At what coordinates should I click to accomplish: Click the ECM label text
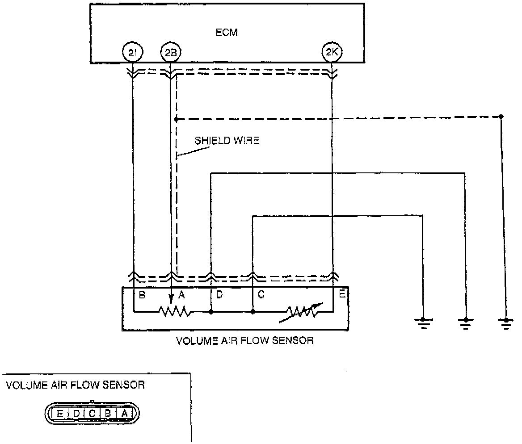[x=223, y=33]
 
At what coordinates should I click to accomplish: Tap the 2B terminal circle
[x=170, y=53]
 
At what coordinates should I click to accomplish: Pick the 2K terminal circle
[x=332, y=53]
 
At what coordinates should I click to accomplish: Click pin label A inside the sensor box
[x=182, y=294]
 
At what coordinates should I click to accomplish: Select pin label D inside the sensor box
[x=220, y=294]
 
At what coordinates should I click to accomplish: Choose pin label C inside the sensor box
[x=261, y=294]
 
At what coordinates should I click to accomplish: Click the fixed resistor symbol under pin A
[x=175, y=311]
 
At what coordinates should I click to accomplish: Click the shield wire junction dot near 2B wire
[x=177, y=119]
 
